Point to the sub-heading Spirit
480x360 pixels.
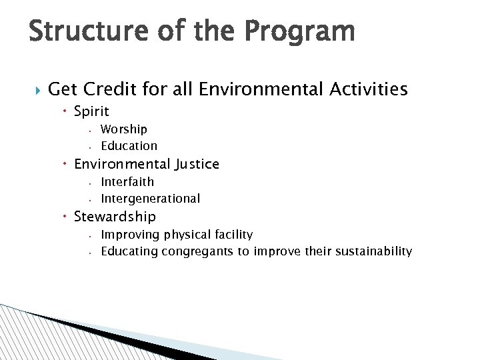91,111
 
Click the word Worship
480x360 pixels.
124,129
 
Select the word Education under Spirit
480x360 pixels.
129,145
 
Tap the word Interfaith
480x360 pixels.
127,181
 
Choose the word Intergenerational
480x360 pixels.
150,198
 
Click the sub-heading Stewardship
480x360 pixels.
115,217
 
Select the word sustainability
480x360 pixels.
373,251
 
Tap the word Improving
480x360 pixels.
127,235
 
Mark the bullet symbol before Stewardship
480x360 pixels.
67,217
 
